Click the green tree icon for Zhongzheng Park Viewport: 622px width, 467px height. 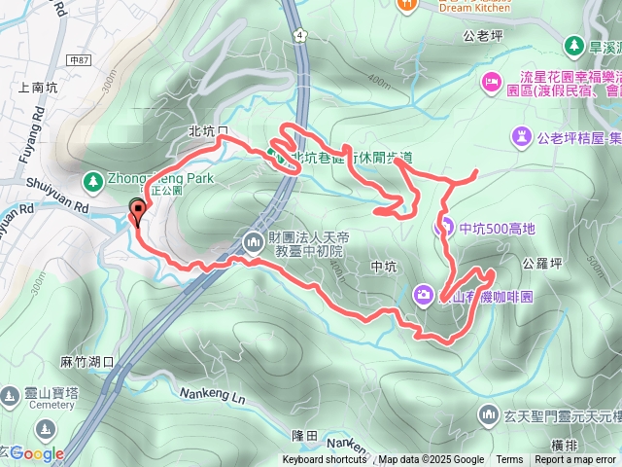93,180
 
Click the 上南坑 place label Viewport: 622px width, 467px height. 37,86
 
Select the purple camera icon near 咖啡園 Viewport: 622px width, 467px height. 424,294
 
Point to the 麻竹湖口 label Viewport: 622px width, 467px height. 88,361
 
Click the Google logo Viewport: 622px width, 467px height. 37,452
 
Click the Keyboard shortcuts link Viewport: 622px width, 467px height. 325,460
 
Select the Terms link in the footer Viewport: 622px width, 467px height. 509,460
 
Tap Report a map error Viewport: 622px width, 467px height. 575,460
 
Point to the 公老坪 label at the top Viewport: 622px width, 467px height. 482,36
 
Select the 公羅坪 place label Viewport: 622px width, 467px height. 540,263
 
